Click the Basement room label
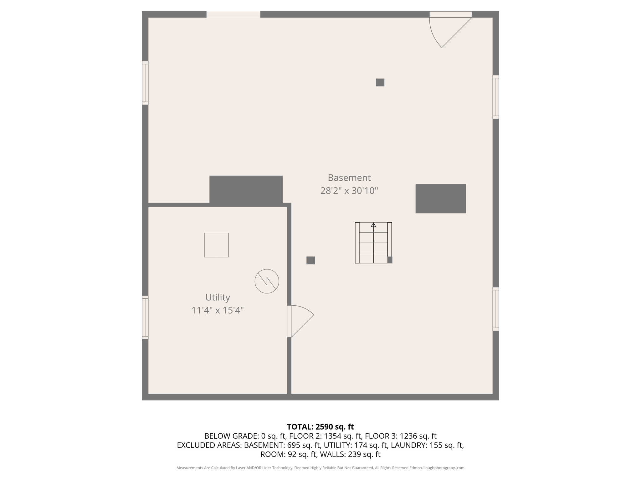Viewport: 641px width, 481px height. point(349,178)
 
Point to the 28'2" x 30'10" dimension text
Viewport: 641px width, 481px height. point(349,191)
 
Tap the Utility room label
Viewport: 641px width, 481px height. point(218,297)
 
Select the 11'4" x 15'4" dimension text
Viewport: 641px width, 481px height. point(218,310)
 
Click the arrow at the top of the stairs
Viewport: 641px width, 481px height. point(373,225)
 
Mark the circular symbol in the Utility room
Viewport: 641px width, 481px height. point(267,281)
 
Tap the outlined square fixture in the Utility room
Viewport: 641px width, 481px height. point(216,245)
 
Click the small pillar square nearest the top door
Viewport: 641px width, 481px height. point(380,82)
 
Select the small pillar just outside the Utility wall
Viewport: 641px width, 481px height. point(310,260)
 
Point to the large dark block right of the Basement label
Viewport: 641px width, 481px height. point(440,199)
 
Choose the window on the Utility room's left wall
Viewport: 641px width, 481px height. point(145,317)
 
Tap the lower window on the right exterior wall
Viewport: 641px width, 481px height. point(495,309)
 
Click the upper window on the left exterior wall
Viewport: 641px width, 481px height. point(145,83)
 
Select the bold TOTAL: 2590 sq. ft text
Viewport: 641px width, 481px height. point(320,427)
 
